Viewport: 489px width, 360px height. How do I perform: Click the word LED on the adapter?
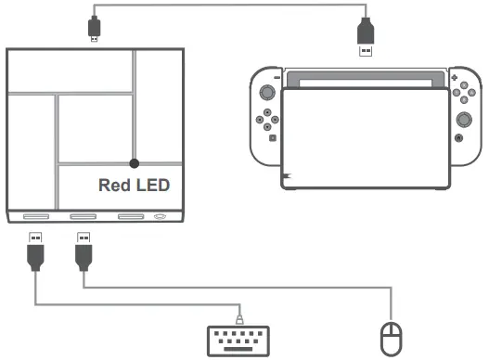(x=151, y=186)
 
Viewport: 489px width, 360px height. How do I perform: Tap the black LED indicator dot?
(x=135, y=161)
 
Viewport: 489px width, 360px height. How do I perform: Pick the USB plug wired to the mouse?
(x=84, y=252)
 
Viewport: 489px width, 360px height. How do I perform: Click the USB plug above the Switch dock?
(x=366, y=40)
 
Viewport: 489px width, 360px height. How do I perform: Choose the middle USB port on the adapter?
(x=84, y=219)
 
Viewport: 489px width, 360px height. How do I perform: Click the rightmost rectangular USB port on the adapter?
(x=131, y=219)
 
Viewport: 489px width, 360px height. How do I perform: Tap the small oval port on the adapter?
(x=161, y=219)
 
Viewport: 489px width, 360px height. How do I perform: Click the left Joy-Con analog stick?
(x=267, y=94)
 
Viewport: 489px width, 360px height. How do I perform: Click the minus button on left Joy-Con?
(x=275, y=79)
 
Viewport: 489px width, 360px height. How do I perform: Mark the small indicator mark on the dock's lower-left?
(x=288, y=174)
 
